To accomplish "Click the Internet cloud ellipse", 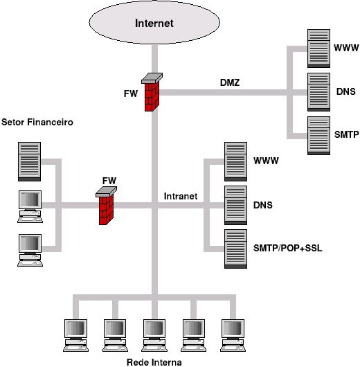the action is tap(154, 22).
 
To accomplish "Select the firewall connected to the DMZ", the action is tap(152, 92).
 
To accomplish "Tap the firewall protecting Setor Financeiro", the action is tap(106, 206).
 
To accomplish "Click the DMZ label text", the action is tap(230, 82).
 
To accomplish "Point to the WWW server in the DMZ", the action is tap(318, 48).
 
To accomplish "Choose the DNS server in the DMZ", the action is tap(318, 92).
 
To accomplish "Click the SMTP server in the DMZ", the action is tap(318, 136).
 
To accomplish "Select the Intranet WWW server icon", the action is tap(235, 161).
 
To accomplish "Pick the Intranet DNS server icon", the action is tap(235, 205).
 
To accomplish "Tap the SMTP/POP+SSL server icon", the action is tap(235, 249).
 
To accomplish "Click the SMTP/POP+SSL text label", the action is tap(288, 248).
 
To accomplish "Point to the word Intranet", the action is tap(181, 196).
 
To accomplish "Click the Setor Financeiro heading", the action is tap(37, 122).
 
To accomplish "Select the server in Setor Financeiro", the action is tap(30, 161).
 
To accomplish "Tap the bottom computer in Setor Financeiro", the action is tap(30, 250).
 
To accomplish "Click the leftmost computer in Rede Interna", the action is tap(75, 335).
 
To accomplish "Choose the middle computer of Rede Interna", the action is tap(154, 335).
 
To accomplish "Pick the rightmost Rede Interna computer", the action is tap(233, 335).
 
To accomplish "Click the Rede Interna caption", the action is tap(154, 362).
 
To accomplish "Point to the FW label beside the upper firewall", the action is tap(131, 93).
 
